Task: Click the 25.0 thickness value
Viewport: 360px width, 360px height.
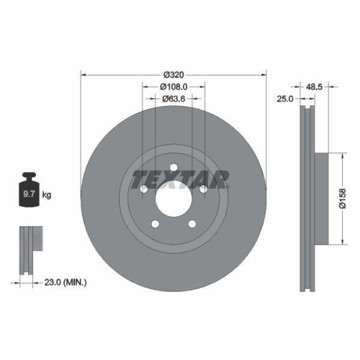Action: (285, 99)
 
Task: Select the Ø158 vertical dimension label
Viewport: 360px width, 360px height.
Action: (344, 197)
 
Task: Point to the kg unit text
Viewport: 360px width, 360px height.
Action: (48, 195)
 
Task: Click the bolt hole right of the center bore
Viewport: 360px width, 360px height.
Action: (203, 189)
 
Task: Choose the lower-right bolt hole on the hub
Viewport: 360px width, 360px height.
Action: (192, 224)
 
